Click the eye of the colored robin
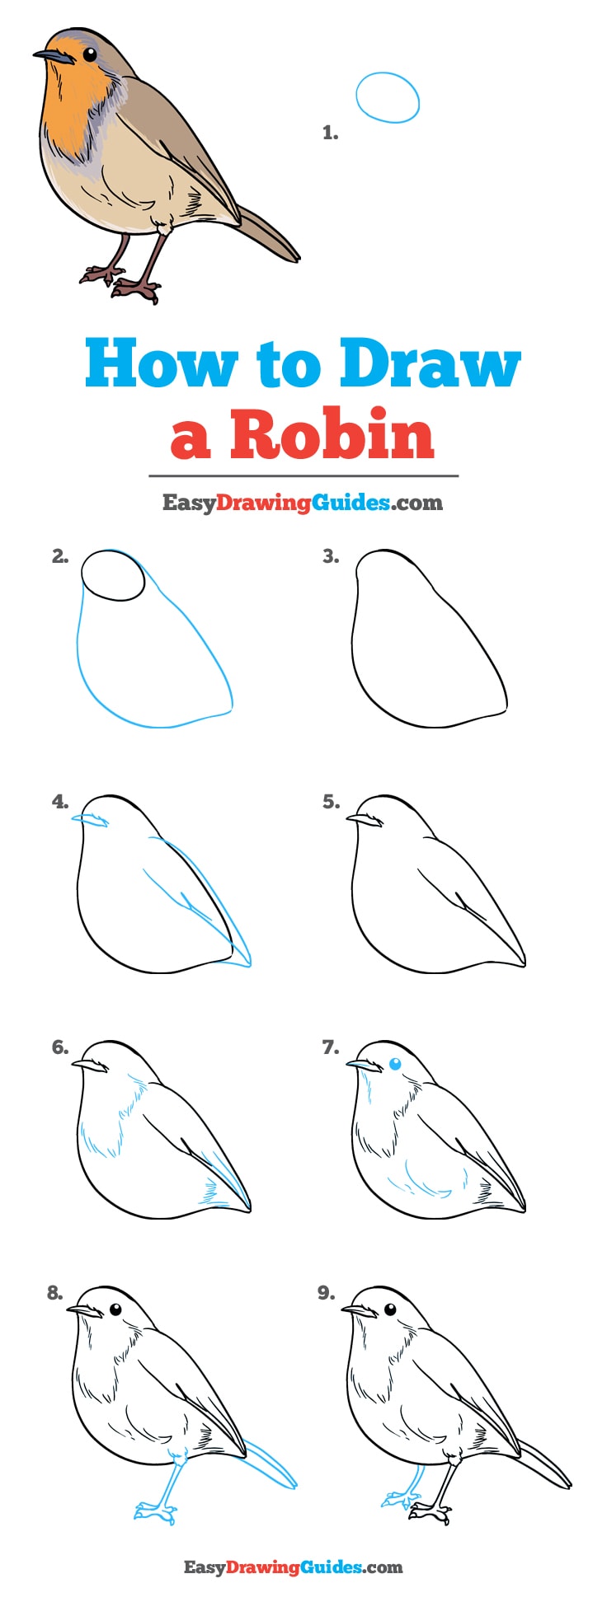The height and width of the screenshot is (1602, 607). pos(89,54)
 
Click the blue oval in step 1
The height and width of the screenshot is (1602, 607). pos(388,97)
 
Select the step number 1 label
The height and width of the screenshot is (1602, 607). pos(330,133)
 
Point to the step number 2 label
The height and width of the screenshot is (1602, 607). pos(60,557)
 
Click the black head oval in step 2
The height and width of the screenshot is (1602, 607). pos(113,574)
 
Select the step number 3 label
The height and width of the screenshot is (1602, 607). pos(331,557)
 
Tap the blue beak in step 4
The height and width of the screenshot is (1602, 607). pos(90,820)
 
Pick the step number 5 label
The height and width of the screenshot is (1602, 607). pos(331,802)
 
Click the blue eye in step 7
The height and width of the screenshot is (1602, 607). pos(394,1064)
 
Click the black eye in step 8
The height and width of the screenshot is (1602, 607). pos(115,1309)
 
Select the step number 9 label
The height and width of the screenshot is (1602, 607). pos(327,1294)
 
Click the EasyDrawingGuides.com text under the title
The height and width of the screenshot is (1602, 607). pos(303,503)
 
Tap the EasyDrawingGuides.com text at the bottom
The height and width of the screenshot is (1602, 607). pos(293,1567)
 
